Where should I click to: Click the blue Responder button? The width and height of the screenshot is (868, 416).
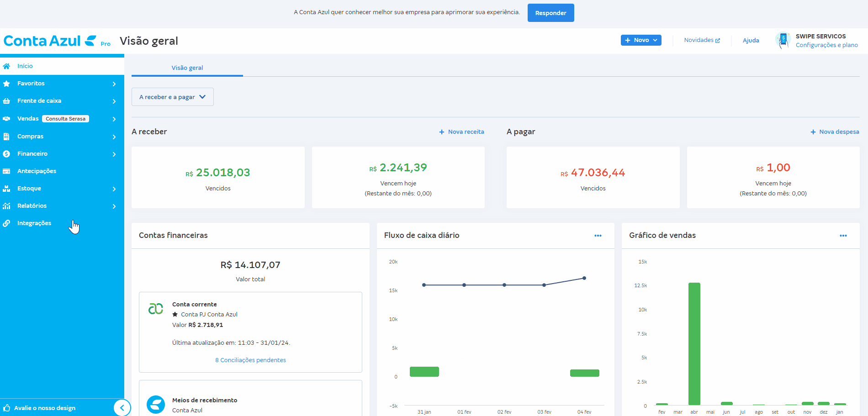click(x=550, y=13)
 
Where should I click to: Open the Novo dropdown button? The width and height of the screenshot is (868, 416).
click(x=640, y=40)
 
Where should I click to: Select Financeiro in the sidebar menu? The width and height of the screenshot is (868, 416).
click(x=32, y=154)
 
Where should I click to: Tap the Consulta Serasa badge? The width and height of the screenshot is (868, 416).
click(x=65, y=119)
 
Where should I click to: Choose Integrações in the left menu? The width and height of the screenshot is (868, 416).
click(x=34, y=223)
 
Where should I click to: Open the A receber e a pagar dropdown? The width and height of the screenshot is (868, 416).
click(x=172, y=97)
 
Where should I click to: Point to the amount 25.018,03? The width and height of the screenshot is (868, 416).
click(x=222, y=173)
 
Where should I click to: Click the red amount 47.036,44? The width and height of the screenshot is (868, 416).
click(x=598, y=173)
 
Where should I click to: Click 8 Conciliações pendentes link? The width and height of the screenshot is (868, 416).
click(x=250, y=360)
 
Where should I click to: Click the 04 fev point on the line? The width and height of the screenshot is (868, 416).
click(x=584, y=278)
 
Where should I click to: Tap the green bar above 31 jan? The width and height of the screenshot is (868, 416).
click(x=424, y=372)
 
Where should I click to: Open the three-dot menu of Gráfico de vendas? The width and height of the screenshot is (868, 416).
click(x=843, y=236)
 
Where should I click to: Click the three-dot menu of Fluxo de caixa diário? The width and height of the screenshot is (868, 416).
click(x=598, y=236)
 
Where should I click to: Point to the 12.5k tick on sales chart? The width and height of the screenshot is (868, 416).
click(x=640, y=285)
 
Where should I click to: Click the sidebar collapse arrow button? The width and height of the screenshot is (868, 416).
click(x=122, y=408)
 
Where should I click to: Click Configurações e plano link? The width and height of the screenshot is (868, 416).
click(x=826, y=45)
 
